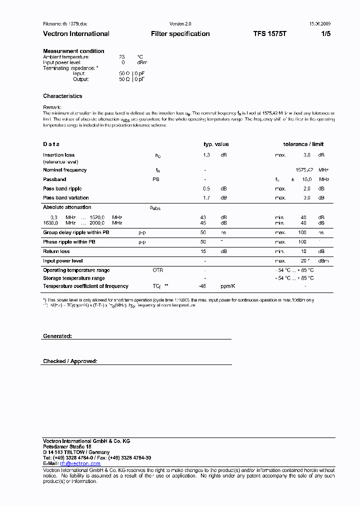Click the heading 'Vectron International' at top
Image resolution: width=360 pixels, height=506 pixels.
pyautogui.click(x=76, y=34)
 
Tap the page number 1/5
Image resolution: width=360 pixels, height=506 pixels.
pyautogui.click(x=325, y=34)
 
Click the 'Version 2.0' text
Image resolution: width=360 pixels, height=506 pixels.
pyautogui.click(x=180, y=23)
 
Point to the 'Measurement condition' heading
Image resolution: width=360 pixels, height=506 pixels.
pyautogui.click(x=73, y=51)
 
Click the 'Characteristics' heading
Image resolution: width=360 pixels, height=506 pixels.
pyautogui.click(x=62, y=96)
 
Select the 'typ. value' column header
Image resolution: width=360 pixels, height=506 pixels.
pyautogui.click(x=215, y=144)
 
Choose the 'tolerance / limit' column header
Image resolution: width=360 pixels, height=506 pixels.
pyautogui.click(x=303, y=144)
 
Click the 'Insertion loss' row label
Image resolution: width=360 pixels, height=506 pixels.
pyautogui.click(x=58, y=155)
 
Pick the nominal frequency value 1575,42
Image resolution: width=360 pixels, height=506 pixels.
pyautogui.click(x=304, y=170)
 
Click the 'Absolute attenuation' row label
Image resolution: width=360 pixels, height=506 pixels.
pyautogui.click(x=67, y=207)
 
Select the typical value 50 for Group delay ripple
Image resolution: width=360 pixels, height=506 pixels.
pyautogui.click(x=203, y=232)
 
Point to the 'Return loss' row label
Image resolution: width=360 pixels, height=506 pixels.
pyautogui.click(x=56, y=251)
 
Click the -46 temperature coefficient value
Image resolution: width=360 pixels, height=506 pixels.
pyautogui.click(x=202, y=286)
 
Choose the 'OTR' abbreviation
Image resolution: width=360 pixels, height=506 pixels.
pyautogui.click(x=157, y=270)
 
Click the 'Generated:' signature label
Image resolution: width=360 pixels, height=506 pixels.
pyautogui.click(x=57, y=336)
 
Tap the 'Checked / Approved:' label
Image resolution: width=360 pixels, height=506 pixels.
pyautogui.click(x=70, y=361)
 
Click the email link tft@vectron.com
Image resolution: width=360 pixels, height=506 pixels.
pyautogui.click(x=80, y=463)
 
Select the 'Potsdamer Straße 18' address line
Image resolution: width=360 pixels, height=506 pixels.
pyautogui.click(x=66, y=446)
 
